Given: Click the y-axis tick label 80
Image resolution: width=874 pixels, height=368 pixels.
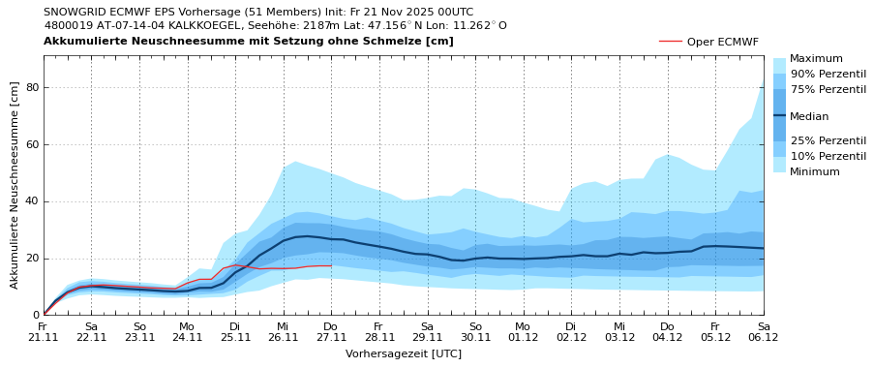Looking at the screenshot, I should (x=31, y=88).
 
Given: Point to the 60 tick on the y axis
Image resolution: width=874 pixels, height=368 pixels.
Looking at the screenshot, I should (x=31, y=145).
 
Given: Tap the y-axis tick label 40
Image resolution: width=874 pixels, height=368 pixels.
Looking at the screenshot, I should (x=31, y=201).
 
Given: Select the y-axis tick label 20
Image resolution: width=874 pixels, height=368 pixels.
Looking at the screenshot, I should (x=31, y=259).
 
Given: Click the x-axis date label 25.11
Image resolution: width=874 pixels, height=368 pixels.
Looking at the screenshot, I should (x=235, y=337).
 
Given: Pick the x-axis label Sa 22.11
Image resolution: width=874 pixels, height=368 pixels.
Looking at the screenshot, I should (x=91, y=332).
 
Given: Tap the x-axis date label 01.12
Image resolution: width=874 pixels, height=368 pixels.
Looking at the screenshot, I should (x=523, y=337).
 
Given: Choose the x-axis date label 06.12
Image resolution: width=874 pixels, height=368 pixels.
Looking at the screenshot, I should (x=763, y=337).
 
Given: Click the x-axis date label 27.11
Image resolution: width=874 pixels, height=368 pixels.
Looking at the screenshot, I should (x=331, y=337).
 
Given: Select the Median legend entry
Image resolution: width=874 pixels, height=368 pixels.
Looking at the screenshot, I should (x=809, y=116).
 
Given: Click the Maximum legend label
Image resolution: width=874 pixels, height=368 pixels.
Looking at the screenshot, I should (x=816, y=59).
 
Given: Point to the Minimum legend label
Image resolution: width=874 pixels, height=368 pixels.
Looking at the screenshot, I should (x=815, y=171).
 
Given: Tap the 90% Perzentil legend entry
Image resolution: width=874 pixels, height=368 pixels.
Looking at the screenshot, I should (x=828, y=74).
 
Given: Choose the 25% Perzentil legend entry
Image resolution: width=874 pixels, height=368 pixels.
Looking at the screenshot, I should (x=828, y=140).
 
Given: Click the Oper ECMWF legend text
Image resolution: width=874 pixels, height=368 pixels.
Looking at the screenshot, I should (x=722, y=42).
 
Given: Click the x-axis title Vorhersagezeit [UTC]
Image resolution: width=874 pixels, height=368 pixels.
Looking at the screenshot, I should (x=404, y=354).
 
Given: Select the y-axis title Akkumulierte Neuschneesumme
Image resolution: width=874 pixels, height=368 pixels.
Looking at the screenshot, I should (x=15, y=185).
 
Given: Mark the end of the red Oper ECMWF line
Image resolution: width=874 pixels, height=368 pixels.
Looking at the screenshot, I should (x=331, y=265).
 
